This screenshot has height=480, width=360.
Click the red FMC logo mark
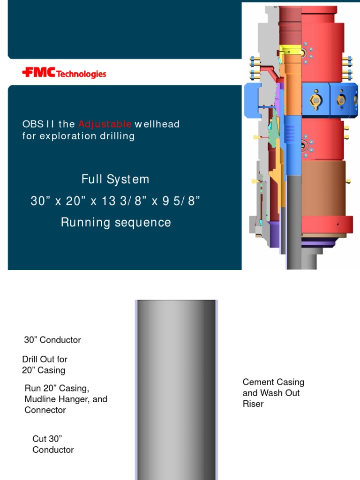(x=38, y=73)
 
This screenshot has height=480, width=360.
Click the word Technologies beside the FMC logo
(x=81, y=74)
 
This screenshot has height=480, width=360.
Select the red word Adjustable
(x=105, y=124)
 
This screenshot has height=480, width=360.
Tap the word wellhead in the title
(x=157, y=124)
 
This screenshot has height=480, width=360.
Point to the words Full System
(x=115, y=179)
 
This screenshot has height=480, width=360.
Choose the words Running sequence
(x=116, y=223)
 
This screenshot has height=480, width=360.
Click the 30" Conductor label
(x=52, y=340)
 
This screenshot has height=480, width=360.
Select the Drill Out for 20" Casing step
(x=45, y=365)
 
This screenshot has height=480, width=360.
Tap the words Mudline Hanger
(x=66, y=399)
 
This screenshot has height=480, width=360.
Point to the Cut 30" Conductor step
(x=53, y=444)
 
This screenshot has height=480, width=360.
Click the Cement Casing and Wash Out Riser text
(x=273, y=393)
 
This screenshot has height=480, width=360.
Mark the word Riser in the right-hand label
(x=253, y=404)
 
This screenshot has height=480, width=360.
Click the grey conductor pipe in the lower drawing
(x=176, y=389)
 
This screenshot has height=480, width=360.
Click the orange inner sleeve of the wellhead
(x=293, y=89)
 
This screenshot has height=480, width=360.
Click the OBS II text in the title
(x=39, y=124)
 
